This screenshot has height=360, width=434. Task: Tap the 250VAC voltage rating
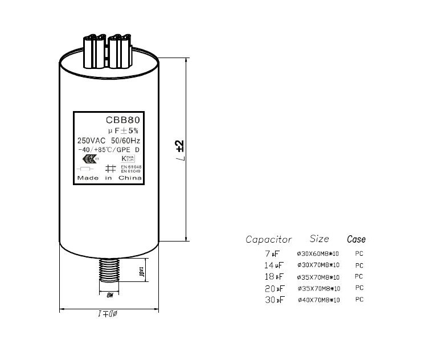coord(90,140)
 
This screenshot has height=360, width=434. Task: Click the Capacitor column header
coord(268,239)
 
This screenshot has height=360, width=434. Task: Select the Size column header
coord(320,238)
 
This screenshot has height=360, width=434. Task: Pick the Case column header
coord(356,239)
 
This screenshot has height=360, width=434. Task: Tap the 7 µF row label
coord(272,253)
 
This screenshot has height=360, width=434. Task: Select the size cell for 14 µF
coord(318,265)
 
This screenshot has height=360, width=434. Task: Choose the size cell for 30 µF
coord(318,300)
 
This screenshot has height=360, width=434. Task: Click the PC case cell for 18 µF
coord(359,276)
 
